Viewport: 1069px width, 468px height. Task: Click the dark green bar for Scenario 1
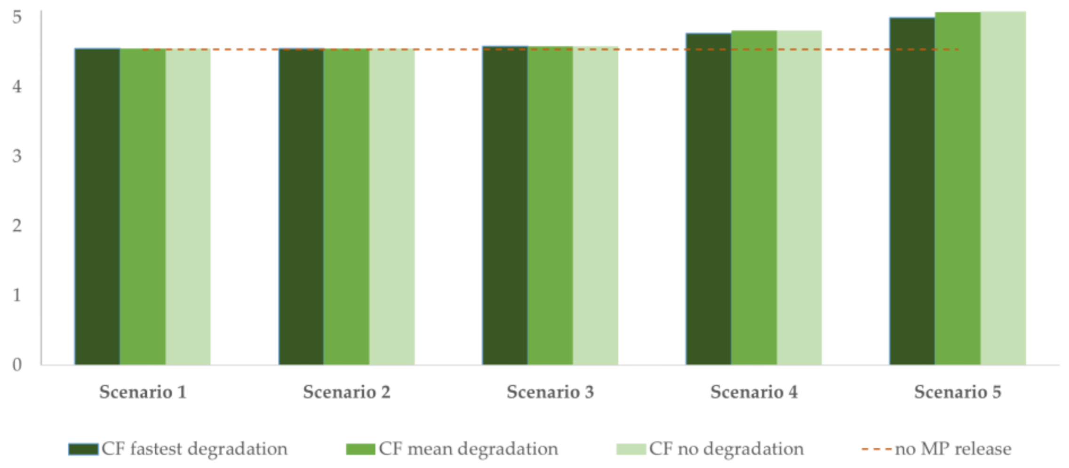coord(97,207)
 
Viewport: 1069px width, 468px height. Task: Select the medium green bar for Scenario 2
coord(346,207)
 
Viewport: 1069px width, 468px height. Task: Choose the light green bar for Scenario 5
coord(1003,188)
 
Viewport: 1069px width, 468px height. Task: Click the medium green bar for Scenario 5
coord(957,188)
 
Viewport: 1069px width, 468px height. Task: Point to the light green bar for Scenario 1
coord(188,207)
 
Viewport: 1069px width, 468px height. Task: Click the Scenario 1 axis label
coord(143,392)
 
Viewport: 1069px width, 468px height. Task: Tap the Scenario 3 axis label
coord(550,392)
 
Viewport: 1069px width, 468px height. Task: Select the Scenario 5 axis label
coord(957,392)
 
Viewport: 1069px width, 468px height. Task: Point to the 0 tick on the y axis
coord(17,365)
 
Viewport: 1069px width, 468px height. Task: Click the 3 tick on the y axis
coord(17,156)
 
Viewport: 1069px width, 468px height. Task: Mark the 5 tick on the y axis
coord(17,17)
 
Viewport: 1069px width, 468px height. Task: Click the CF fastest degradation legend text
coord(194,449)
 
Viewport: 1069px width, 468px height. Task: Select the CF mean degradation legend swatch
coord(360,449)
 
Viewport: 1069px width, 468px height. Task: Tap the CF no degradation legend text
coord(726,449)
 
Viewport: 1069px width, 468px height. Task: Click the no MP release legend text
coord(953,449)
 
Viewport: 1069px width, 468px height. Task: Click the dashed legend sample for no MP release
coord(876,449)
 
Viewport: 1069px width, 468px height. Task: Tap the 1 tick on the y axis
coord(17,295)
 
